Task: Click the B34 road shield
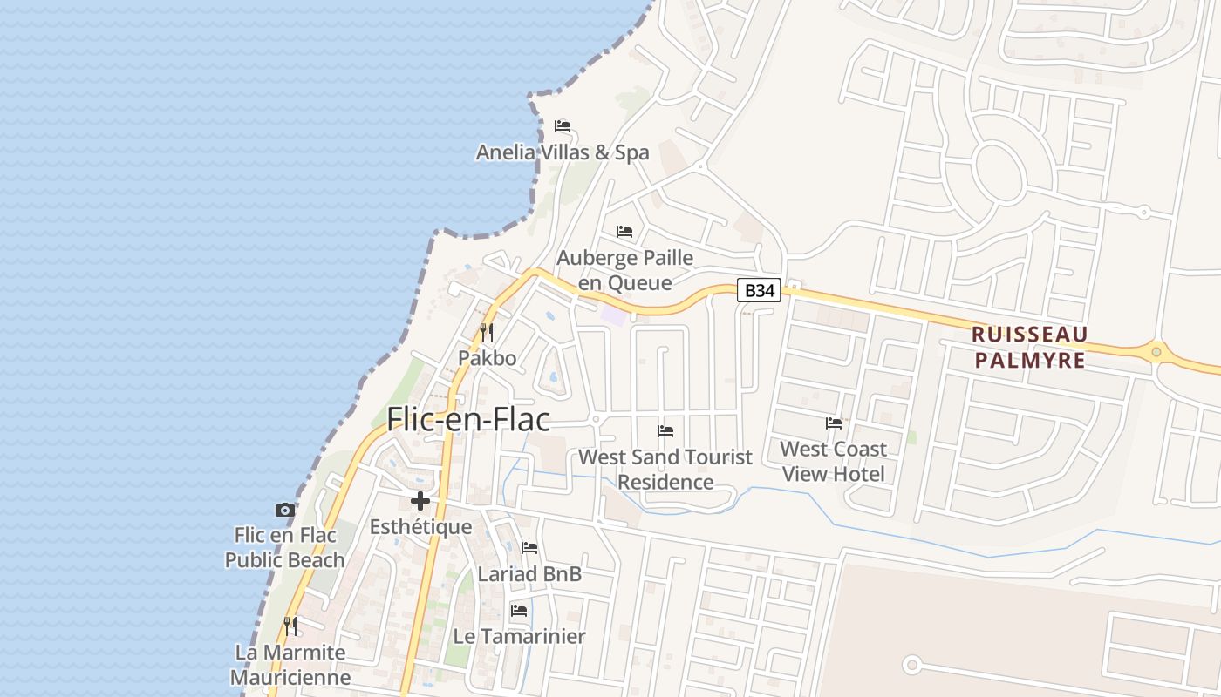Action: click(759, 290)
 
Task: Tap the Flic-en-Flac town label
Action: click(468, 419)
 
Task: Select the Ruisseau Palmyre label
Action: click(1029, 347)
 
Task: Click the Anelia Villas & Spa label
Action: click(563, 152)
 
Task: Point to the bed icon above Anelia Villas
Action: click(563, 126)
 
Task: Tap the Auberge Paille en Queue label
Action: click(624, 270)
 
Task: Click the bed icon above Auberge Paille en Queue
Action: click(624, 232)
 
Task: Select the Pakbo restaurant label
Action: click(488, 358)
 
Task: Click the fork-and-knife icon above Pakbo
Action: click(487, 332)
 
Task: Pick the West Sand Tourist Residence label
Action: click(665, 469)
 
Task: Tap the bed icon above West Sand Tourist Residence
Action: click(665, 430)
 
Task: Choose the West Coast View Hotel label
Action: click(833, 461)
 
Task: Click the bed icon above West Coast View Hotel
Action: click(834, 423)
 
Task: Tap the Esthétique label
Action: click(420, 527)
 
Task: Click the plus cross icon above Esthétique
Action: click(420, 501)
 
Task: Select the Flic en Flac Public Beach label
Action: click(284, 547)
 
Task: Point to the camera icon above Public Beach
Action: click(284, 510)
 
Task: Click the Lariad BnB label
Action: click(529, 574)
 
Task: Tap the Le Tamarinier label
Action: click(519, 637)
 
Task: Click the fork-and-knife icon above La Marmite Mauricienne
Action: click(290, 626)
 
